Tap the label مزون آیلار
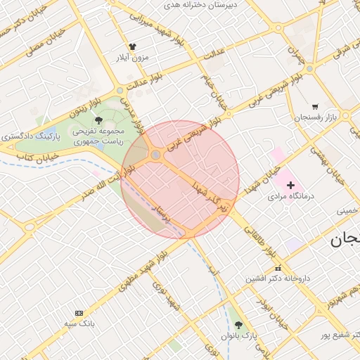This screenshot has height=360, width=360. tap(133, 58)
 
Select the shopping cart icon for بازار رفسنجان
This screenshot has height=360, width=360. tap(314, 106)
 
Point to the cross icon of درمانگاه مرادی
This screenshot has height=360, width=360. tap(291, 185)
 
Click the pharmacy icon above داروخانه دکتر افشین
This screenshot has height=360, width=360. tap(278, 268)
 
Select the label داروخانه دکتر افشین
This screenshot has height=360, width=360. tap(278, 279)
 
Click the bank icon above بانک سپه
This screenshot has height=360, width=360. tap(79, 312)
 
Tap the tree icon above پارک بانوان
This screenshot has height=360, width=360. tap(239, 325)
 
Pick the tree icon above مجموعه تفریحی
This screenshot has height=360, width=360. tap(98, 120)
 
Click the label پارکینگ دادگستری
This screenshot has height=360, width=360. tap(31, 134)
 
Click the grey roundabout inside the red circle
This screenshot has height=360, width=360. tap(155, 155)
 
